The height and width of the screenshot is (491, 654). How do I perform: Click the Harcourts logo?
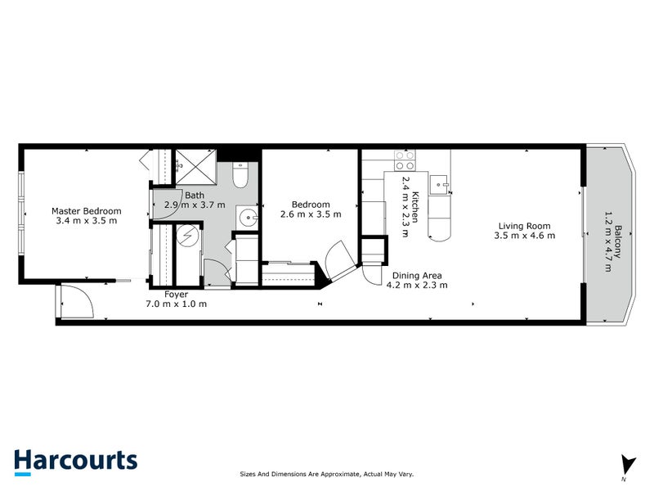click(x=75, y=461)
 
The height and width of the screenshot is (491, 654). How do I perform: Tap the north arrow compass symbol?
click(x=627, y=464)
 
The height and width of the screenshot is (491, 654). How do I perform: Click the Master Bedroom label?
click(x=86, y=210)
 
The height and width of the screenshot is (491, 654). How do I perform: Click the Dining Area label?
click(x=417, y=276)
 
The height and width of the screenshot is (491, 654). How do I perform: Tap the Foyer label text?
click(x=176, y=294)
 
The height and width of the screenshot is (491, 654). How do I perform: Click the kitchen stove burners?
click(x=405, y=160)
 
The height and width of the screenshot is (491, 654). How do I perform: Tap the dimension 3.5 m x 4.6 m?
click(x=524, y=236)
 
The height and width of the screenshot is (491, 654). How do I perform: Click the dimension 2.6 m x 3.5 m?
click(x=311, y=214)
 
